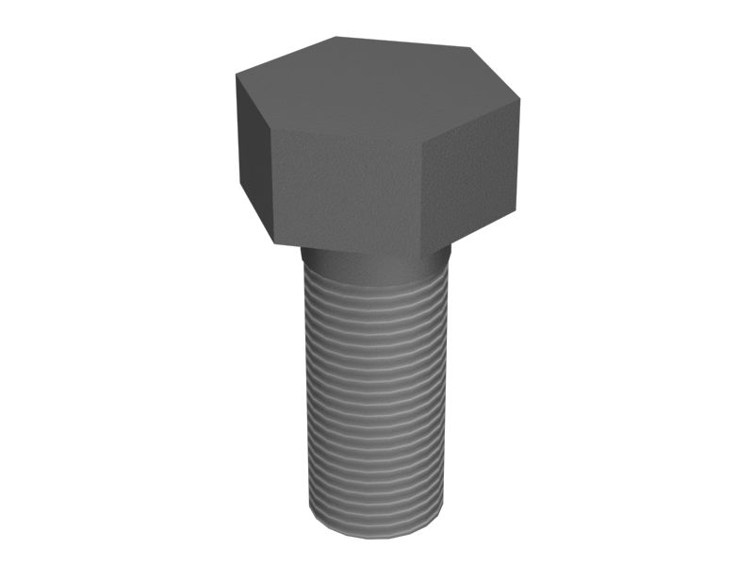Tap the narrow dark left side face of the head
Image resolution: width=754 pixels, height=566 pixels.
point(253,151)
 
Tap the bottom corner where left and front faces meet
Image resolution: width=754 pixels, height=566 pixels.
point(275,242)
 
